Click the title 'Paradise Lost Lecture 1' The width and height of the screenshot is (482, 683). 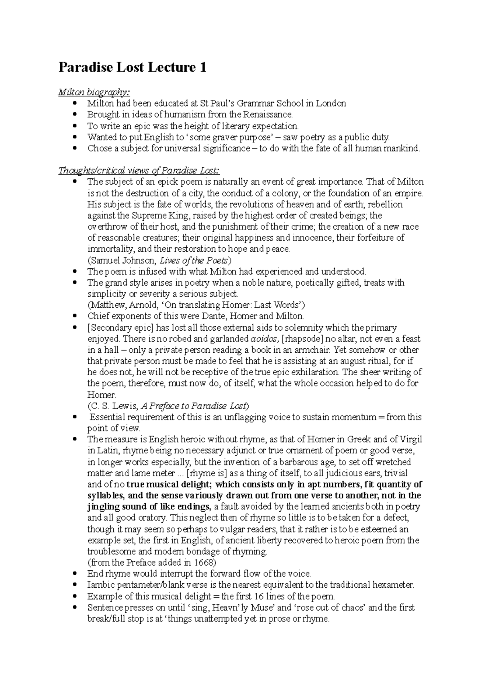(133, 67)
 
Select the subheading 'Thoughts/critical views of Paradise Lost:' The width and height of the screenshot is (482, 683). (139, 171)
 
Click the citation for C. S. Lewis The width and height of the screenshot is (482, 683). (168, 405)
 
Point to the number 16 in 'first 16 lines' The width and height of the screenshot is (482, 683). (247, 596)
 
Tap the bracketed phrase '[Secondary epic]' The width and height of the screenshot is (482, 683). (120, 327)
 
